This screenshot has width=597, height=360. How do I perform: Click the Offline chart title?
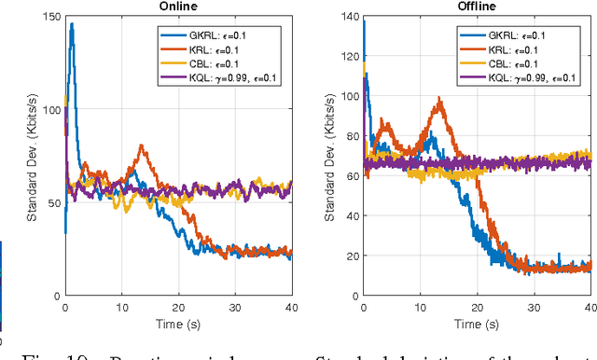point(478,7)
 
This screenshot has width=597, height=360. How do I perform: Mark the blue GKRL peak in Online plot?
point(71,25)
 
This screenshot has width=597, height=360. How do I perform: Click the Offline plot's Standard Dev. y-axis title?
point(329,156)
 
